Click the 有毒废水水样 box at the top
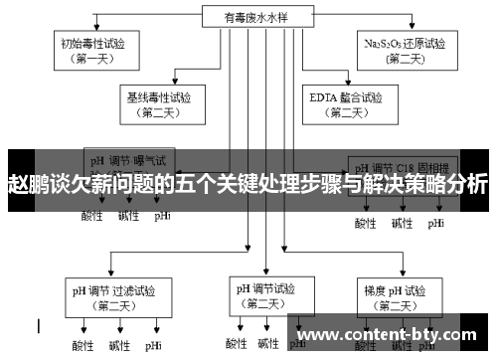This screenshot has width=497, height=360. [248, 16]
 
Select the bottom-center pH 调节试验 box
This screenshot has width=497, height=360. [263, 295]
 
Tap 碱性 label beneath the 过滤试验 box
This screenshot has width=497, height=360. [120, 346]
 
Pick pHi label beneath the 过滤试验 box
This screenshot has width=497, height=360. [154, 346]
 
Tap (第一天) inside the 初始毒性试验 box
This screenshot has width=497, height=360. [95, 58]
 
